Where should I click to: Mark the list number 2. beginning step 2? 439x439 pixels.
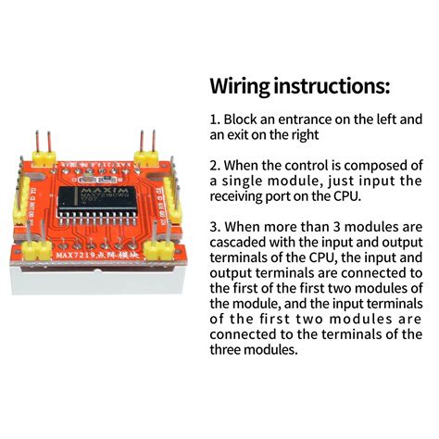pyautogui.click(x=215, y=165)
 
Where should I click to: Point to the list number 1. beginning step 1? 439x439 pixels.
pyautogui.click(x=215, y=119)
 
